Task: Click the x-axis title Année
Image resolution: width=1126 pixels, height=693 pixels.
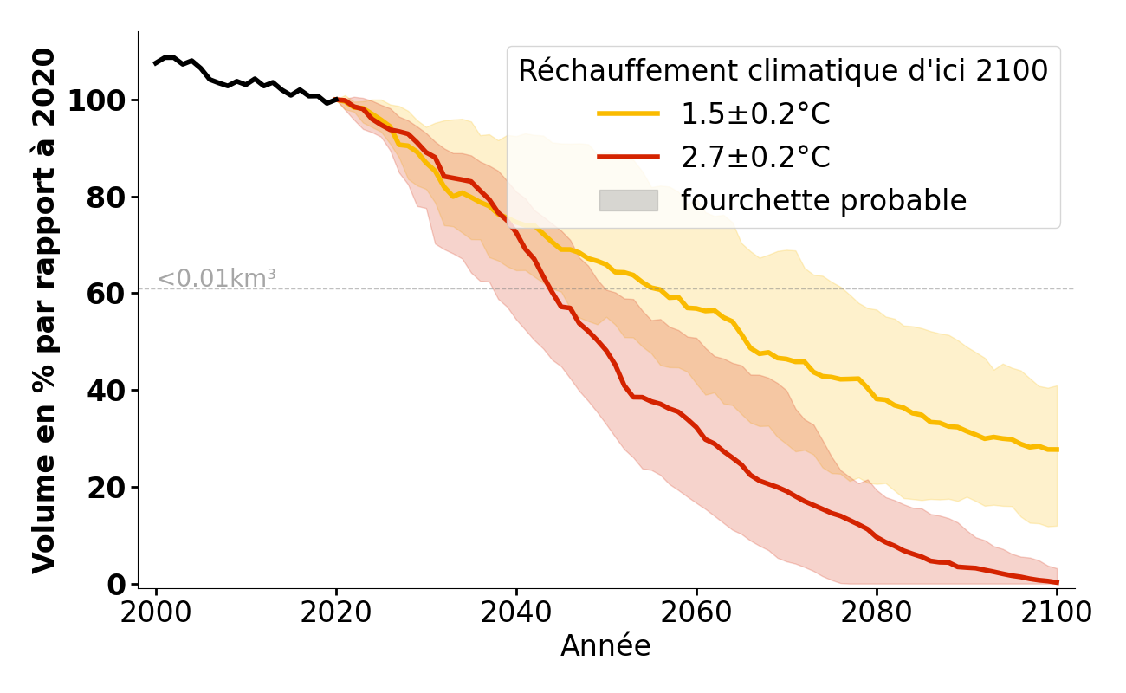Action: point(605,646)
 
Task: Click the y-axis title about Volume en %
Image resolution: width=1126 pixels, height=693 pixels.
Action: point(44,310)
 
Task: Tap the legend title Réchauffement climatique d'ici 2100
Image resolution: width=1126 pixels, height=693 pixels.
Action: point(783,71)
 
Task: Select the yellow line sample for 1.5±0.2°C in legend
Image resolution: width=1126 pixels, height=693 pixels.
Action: point(628,114)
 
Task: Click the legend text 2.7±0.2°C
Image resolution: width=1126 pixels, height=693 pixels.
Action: point(755,158)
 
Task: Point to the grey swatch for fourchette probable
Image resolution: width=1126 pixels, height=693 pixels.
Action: point(628,201)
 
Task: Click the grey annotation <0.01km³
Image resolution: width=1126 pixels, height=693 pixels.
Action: point(217,279)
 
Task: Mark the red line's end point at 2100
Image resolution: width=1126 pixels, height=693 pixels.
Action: point(1057,582)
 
